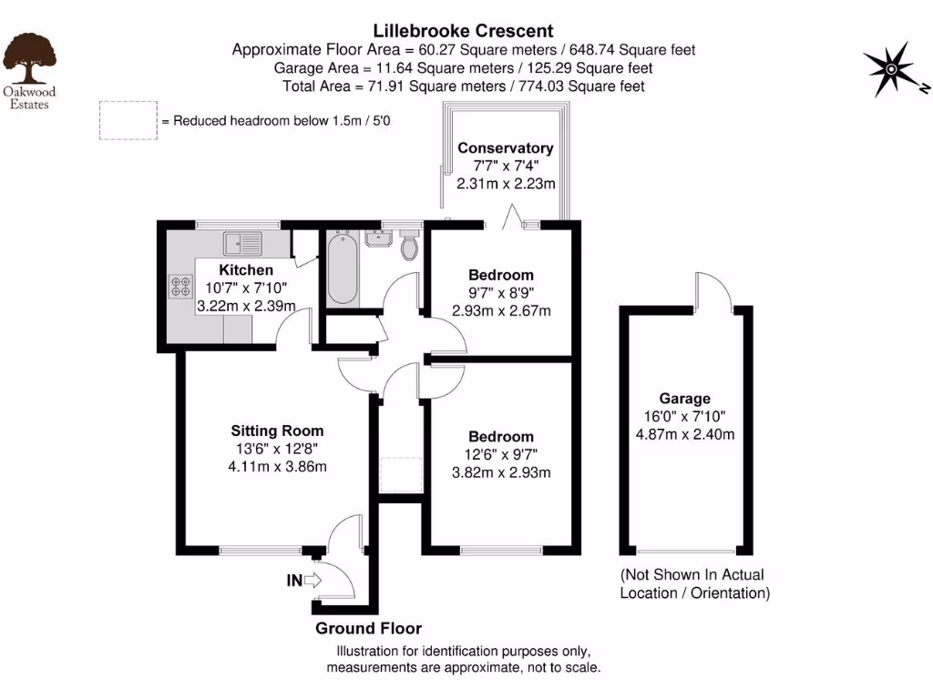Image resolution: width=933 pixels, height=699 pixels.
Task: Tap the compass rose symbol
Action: [x=889, y=70]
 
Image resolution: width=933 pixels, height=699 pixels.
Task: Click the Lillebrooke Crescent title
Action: [x=464, y=32]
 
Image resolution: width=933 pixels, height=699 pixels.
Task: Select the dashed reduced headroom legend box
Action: [x=127, y=120]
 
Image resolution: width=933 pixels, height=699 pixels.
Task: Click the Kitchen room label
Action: [x=246, y=270]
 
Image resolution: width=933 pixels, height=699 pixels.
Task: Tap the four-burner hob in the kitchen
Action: [x=179, y=288]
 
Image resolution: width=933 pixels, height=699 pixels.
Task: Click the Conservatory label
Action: [x=505, y=148]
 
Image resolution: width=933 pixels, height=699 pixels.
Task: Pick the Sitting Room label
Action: [x=277, y=431]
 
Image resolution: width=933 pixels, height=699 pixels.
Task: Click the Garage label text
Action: [x=684, y=399]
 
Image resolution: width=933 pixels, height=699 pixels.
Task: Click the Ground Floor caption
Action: [x=368, y=629]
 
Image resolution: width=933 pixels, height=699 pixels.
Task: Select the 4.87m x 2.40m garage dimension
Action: [x=684, y=434]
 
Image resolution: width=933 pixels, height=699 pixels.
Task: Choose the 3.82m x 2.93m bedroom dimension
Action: [x=502, y=472]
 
